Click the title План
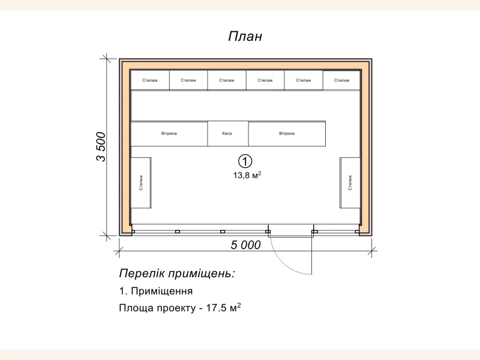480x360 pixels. click(x=245, y=37)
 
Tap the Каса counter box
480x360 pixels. click(x=227, y=133)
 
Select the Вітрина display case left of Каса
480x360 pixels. click(x=169, y=133)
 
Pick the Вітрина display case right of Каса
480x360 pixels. click(x=287, y=133)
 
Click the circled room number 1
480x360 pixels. click(x=245, y=161)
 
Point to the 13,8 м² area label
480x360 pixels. click(x=247, y=176)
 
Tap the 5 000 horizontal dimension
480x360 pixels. click(x=245, y=245)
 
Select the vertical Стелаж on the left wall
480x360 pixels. click(x=141, y=182)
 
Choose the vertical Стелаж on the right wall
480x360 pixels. click(x=350, y=182)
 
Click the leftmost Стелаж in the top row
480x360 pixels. click(x=150, y=80)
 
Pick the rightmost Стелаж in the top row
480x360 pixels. click(x=342, y=80)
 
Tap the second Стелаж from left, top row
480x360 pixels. click(x=188, y=80)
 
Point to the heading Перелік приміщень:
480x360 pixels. click(x=177, y=274)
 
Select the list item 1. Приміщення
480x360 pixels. click(x=156, y=292)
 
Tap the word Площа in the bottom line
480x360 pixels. click(x=133, y=308)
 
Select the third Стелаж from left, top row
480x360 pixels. click(x=227, y=80)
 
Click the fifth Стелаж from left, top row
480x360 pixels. click(x=304, y=80)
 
